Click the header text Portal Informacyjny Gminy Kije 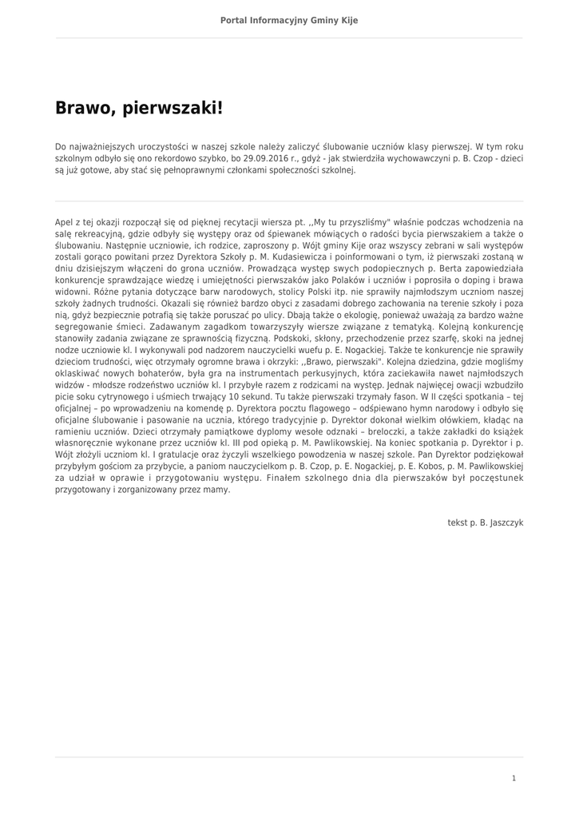point(289,20)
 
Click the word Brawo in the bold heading point(85,108)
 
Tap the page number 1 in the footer point(514,777)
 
